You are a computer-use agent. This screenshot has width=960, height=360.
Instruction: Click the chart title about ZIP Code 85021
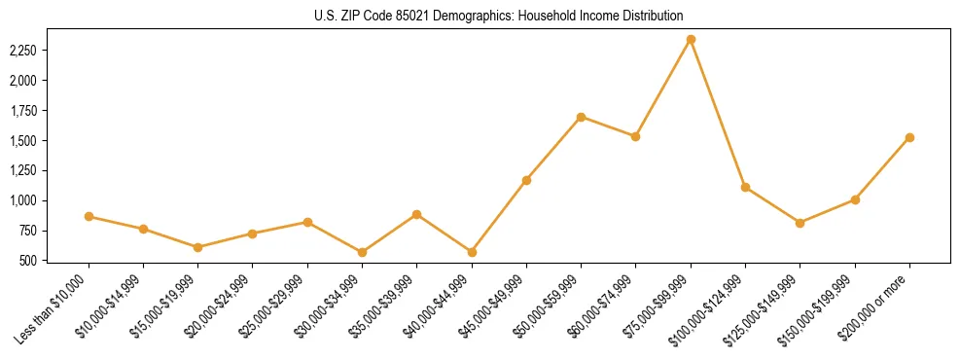499,16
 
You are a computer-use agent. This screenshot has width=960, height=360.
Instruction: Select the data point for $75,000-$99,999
691,40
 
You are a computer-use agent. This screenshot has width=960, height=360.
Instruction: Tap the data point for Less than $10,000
89,216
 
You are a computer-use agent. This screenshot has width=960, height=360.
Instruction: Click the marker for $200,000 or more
909,137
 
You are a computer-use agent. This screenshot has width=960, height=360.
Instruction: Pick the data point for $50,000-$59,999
581,117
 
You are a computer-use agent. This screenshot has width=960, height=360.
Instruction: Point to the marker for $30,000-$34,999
363,252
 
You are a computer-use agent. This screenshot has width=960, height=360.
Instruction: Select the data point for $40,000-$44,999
472,252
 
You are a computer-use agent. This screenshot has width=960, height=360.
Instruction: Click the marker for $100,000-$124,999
745,187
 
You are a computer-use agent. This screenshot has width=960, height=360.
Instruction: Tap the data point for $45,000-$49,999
526,180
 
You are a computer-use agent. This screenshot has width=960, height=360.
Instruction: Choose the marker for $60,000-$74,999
635,136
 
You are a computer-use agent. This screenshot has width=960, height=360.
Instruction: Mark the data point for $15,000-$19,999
198,247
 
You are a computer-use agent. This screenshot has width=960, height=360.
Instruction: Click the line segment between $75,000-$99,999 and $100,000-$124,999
718,114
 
